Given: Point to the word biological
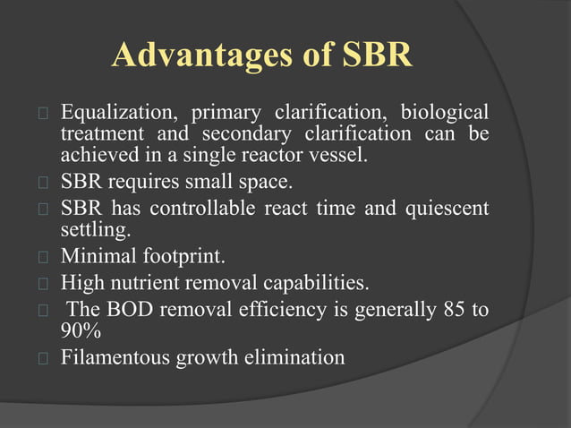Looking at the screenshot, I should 444,114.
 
